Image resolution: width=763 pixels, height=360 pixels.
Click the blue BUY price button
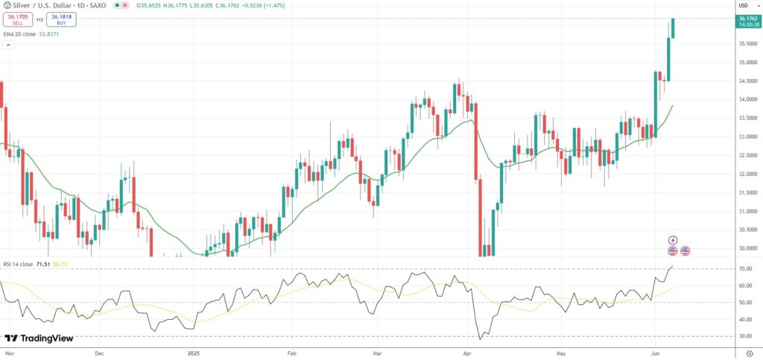pyautogui.click(x=62, y=19)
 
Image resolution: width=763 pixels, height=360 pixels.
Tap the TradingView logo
pyautogui.click(x=39, y=338)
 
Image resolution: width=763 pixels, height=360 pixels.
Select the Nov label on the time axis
pyautogui.click(x=10, y=353)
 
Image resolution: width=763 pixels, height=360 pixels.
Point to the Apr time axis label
pyautogui.click(x=468, y=353)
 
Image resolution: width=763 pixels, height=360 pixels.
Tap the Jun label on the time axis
pyautogui.click(x=655, y=353)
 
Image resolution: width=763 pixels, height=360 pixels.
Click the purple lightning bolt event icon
pyautogui.click(x=673, y=241)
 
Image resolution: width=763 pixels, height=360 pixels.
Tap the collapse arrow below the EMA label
pyautogui.click(x=9, y=45)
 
